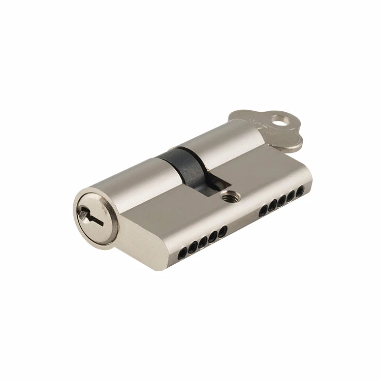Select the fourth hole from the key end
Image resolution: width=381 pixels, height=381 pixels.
point(273,205)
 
